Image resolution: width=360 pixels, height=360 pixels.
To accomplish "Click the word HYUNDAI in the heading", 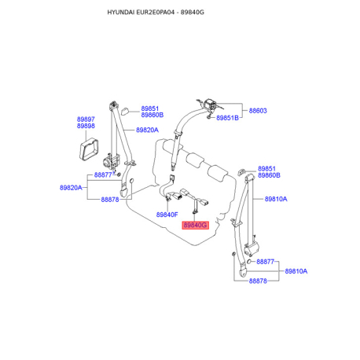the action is [x=120, y=13].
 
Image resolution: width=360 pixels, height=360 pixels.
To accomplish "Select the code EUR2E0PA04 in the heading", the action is [x=155, y=13].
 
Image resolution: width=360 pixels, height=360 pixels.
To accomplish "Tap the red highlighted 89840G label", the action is [x=195, y=225].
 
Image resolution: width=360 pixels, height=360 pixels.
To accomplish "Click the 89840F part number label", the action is [x=167, y=215].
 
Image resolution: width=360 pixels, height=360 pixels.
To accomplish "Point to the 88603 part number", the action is [x=258, y=111].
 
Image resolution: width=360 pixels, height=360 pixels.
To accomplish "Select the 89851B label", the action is [x=227, y=118].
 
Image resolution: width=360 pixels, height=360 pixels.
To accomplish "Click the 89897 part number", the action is [x=86, y=119].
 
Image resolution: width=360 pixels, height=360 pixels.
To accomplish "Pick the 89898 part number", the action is [x=86, y=126].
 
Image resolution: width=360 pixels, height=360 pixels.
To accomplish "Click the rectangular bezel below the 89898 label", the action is [x=89, y=149].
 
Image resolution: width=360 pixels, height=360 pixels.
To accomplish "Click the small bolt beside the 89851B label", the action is [x=209, y=116].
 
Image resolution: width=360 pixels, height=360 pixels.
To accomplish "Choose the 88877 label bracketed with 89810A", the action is [x=265, y=262].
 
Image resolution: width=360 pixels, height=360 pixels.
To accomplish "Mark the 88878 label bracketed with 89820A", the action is [x=110, y=200].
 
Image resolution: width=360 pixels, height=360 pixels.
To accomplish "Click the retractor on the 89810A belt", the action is [x=252, y=248].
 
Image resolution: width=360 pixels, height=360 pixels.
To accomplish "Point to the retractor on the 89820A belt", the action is [x=111, y=161].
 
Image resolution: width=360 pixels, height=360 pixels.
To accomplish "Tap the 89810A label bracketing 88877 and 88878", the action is [x=296, y=271].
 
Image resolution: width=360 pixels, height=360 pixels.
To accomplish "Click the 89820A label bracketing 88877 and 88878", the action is [x=71, y=188].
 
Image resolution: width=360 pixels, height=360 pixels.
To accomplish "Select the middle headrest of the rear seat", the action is [x=194, y=159].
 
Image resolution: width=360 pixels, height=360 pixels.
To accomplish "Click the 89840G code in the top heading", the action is [x=192, y=13].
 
